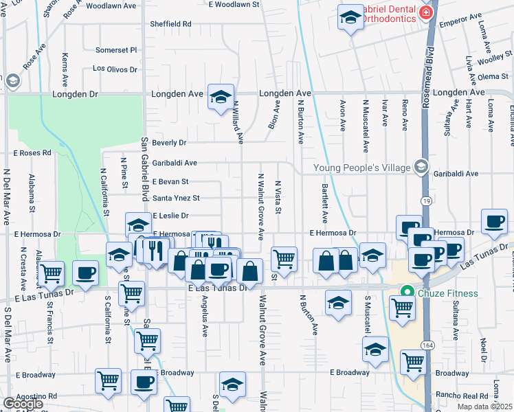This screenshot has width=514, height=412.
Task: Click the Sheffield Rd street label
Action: [172, 23]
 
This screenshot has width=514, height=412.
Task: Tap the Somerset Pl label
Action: [117, 50]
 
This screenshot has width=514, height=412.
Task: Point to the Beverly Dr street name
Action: [170, 143]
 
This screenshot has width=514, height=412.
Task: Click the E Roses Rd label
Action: [33, 152]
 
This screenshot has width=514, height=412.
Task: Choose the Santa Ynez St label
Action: [177, 198]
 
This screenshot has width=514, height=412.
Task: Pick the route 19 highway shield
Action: [425, 200]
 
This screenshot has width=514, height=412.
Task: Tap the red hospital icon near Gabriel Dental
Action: [426, 13]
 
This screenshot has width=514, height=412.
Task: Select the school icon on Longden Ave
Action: [221, 98]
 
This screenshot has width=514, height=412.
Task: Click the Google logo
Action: [23, 404]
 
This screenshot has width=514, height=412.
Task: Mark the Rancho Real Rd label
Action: [461, 396]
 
